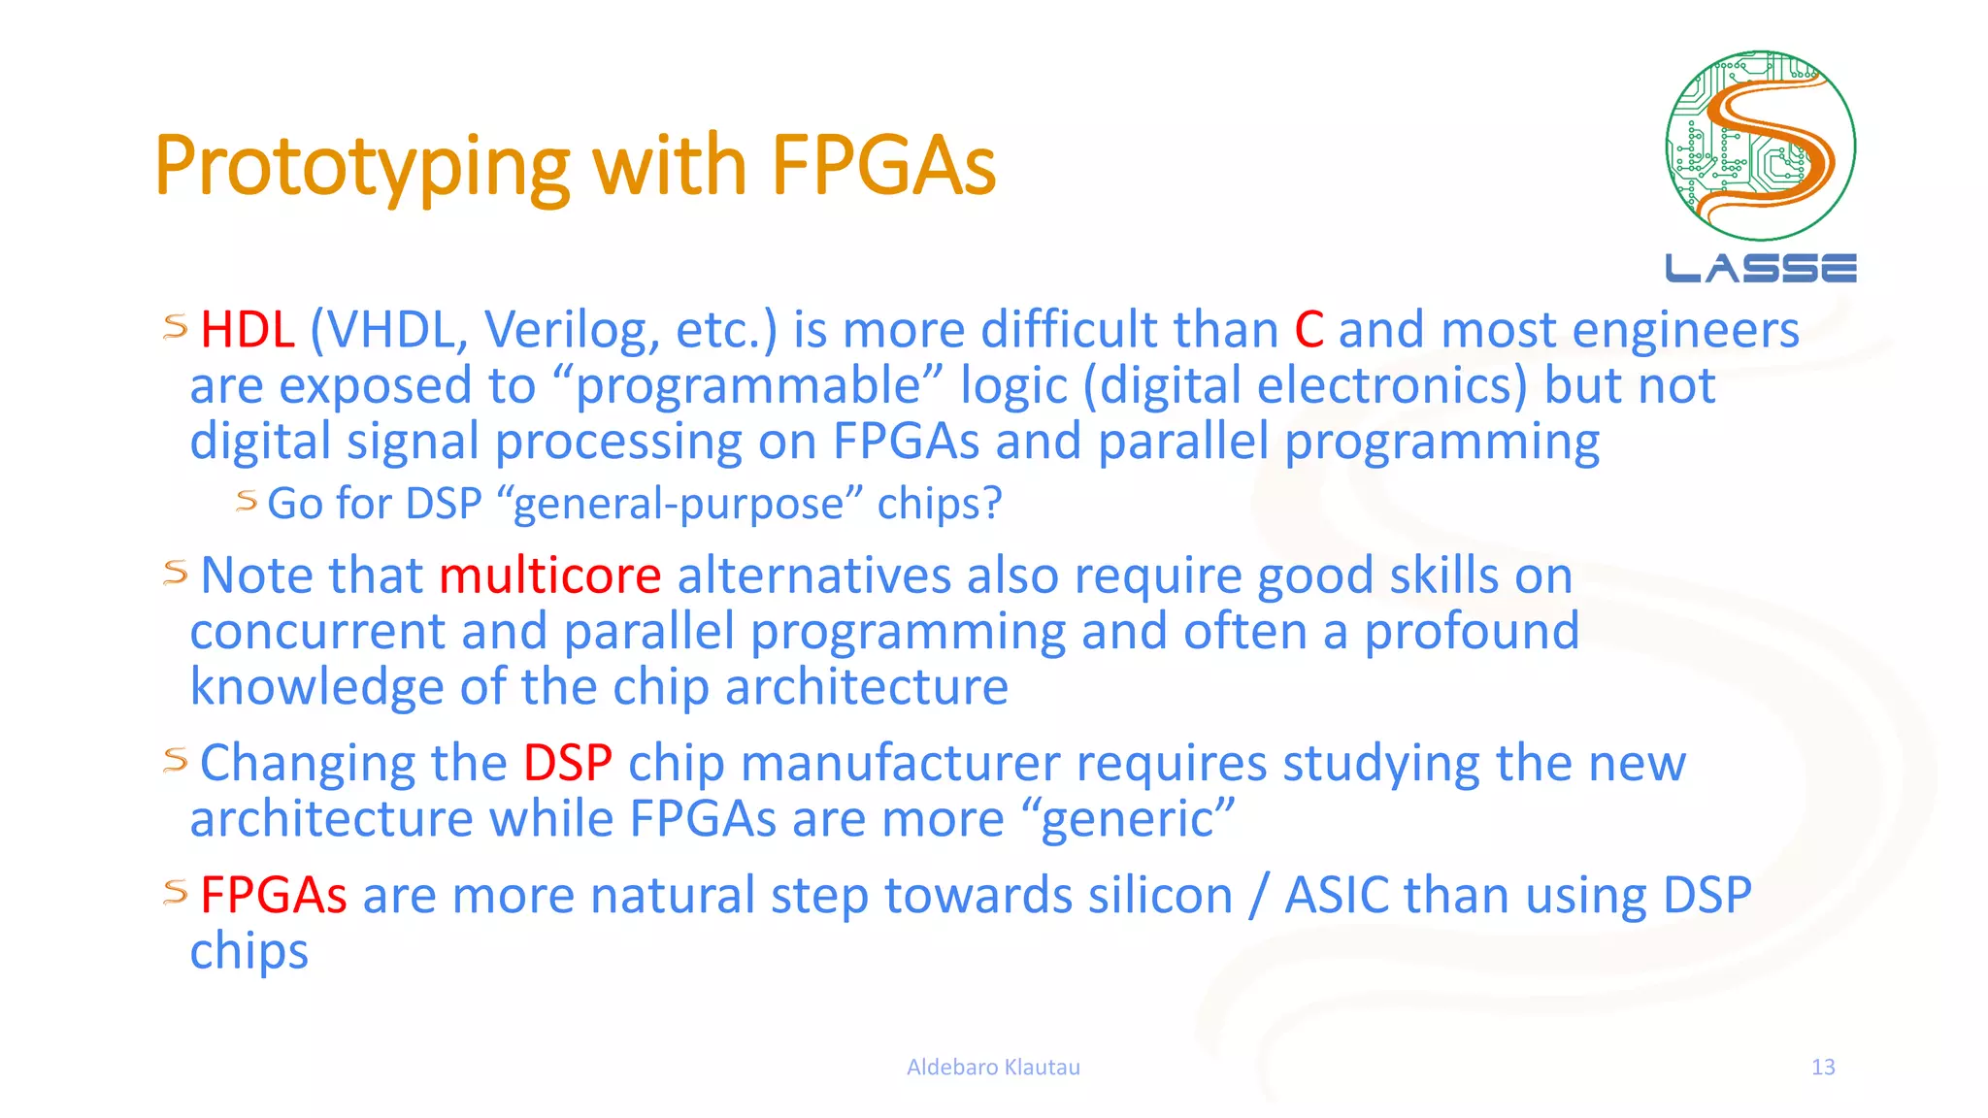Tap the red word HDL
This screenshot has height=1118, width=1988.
pos(247,330)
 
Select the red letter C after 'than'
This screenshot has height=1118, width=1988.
pos(1309,330)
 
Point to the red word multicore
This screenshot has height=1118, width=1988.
pos(549,575)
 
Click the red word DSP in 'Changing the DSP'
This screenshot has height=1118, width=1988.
pos(568,763)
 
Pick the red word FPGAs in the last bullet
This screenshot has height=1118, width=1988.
pos(273,895)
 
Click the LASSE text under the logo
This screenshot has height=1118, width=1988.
pos(1760,269)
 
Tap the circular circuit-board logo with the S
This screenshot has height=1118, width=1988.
pos(1760,146)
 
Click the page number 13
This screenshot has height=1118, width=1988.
pos(1822,1068)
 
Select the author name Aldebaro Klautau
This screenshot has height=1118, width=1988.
pos(993,1068)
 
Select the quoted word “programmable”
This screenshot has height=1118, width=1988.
pos(747,386)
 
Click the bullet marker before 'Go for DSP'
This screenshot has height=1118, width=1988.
pos(247,501)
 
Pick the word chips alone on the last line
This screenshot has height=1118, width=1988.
pos(249,951)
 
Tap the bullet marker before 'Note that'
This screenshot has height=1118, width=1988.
pos(176,573)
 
